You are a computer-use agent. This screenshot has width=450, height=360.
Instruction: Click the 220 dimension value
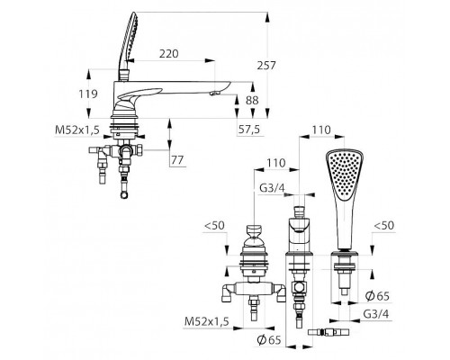click(168, 54)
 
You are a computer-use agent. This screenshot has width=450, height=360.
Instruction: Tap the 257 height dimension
click(265, 65)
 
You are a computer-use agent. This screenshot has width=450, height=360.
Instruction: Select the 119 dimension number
click(88, 94)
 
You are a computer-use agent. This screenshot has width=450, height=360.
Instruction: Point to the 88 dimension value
click(252, 100)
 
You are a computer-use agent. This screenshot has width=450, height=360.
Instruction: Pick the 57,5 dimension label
click(249, 130)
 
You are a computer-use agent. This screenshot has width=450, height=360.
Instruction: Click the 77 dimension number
click(177, 160)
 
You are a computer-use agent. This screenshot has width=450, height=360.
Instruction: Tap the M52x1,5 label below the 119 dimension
click(77, 130)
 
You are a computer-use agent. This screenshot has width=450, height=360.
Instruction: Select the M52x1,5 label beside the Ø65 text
click(207, 321)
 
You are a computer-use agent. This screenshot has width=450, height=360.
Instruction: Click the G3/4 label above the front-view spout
click(272, 188)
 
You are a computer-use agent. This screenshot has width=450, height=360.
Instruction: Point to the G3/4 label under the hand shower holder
click(376, 314)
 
